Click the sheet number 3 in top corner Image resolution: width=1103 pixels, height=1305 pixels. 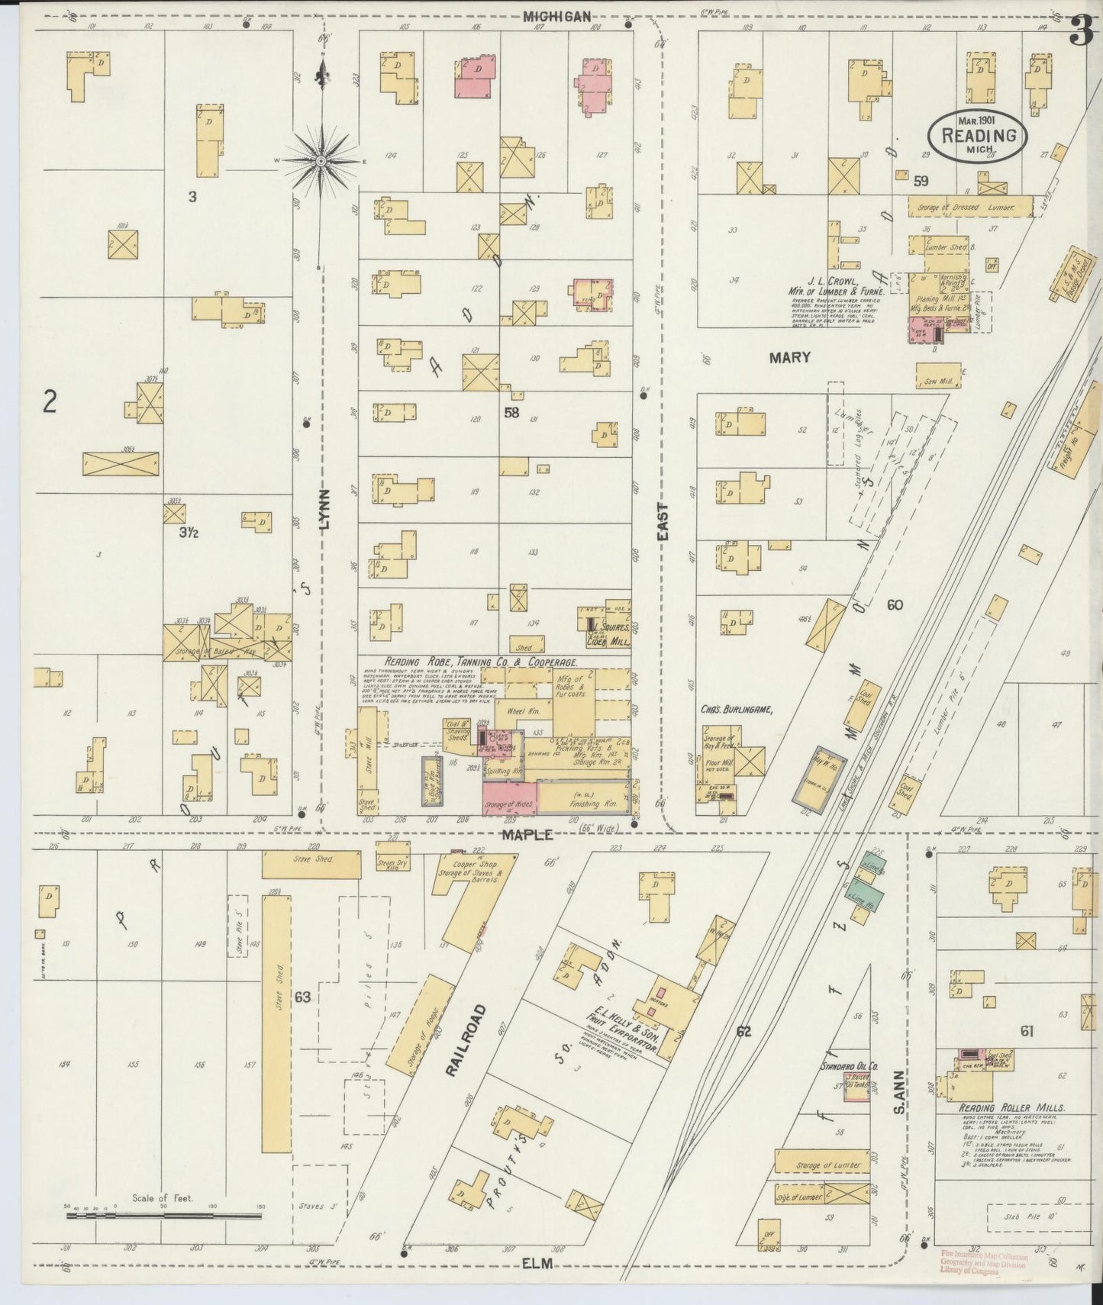1080,32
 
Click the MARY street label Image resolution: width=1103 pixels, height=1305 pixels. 789,357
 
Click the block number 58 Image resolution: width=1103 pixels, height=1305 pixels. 511,413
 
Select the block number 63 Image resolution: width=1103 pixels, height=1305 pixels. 302,997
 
